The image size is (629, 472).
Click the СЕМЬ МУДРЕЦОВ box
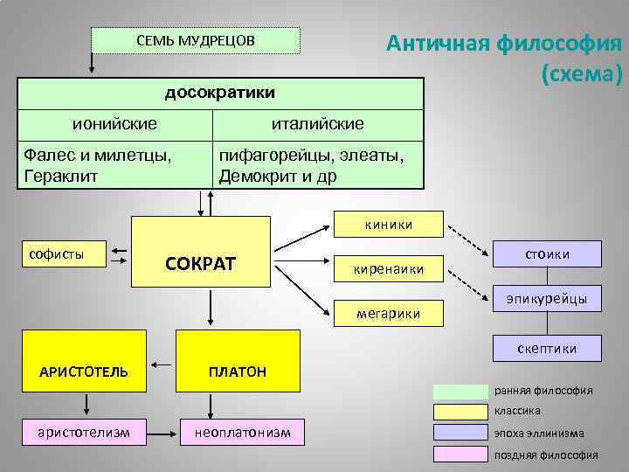pos(196,40)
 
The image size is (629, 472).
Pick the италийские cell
pos(318,123)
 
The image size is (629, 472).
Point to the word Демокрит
pos(259,175)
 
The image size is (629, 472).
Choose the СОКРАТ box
pos(201,263)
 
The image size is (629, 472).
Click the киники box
pos(388,225)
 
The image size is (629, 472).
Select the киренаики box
pos(388,268)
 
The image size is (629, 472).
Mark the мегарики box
pos(388,312)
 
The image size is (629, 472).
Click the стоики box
pos(547,253)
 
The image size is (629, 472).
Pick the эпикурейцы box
pos(547,298)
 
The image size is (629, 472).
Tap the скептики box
pos(547,348)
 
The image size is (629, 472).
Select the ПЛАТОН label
pos(237,371)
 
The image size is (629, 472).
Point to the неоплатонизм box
pos(236,432)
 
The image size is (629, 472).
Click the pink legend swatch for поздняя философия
pos(460,454)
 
